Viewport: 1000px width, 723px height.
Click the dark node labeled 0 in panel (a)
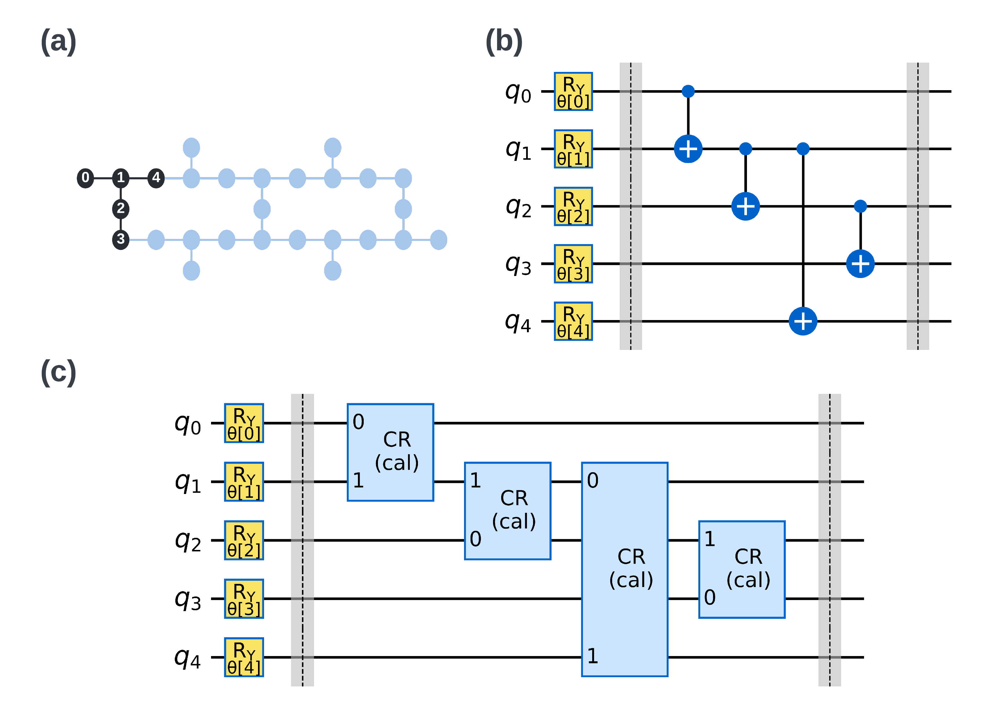pyautogui.click(x=86, y=178)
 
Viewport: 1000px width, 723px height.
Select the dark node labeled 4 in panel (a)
pyautogui.click(x=156, y=178)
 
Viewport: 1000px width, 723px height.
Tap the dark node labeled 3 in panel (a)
pyautogui.click(x=121, y=240)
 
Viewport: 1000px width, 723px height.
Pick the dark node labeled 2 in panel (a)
pyautogui.click(x=121, y=208)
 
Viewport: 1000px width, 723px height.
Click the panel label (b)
pyautogui.click(x=504, y=41)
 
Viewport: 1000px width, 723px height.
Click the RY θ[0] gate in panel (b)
pyautogui.click(x=573, y=92)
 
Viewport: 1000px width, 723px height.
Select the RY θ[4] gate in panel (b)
pyautogui.click(x=573, y=322)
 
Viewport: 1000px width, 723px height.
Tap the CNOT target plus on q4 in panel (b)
pyautogui.click(x=803, y=321)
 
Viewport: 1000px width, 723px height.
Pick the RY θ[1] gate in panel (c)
pyautogui.click(x=244, y=482)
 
